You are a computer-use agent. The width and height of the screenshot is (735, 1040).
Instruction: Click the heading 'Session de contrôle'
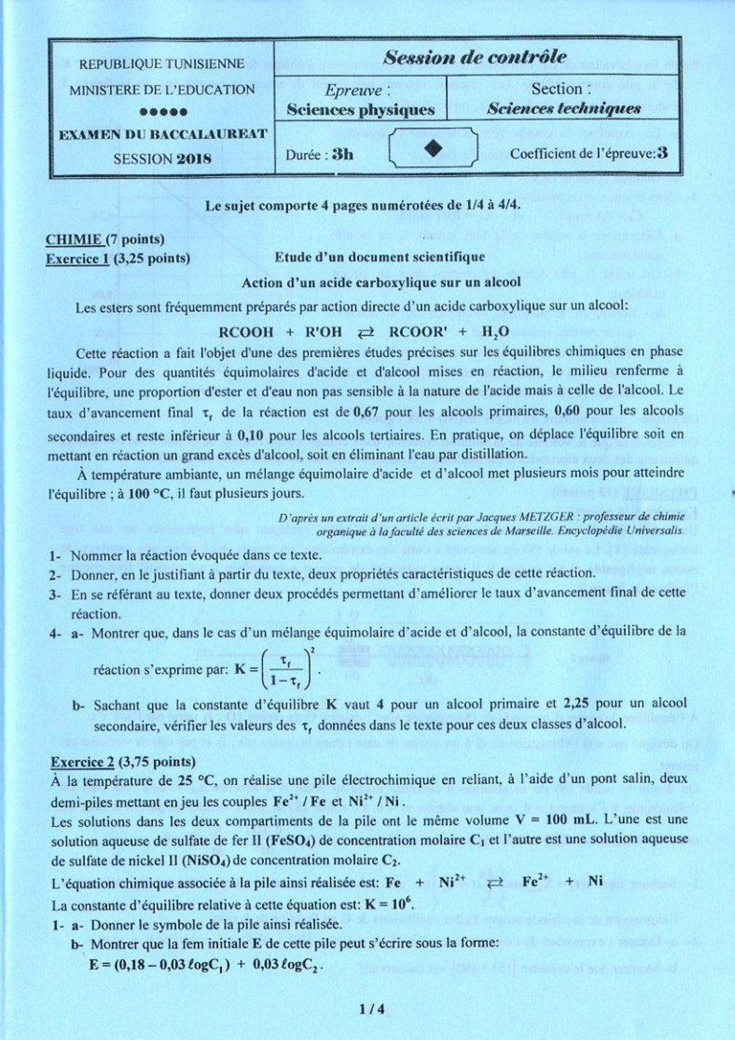click(474, 58)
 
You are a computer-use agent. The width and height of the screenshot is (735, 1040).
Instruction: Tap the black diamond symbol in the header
click(433, 149)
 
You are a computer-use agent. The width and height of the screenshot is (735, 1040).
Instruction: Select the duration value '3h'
click(342, 154)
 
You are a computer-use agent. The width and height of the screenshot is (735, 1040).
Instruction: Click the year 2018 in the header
click(194, 158)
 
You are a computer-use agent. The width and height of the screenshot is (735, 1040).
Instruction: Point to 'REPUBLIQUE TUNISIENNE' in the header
click(161, 65)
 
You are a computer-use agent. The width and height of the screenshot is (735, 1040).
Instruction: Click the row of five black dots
click(163, 111)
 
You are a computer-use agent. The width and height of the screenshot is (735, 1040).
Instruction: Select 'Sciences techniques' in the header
click(563, 108)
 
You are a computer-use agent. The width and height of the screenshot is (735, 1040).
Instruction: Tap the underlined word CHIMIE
click(74, 240)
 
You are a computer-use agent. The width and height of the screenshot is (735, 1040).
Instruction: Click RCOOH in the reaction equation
click(246, 331)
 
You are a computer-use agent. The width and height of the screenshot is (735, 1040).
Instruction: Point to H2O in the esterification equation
click(495, 331)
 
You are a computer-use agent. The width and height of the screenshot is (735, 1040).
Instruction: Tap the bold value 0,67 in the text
click(365, 411)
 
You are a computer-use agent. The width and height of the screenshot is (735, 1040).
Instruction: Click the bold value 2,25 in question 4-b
click(577, 703)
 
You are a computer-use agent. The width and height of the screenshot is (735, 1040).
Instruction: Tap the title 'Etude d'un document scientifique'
click(380, 257)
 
